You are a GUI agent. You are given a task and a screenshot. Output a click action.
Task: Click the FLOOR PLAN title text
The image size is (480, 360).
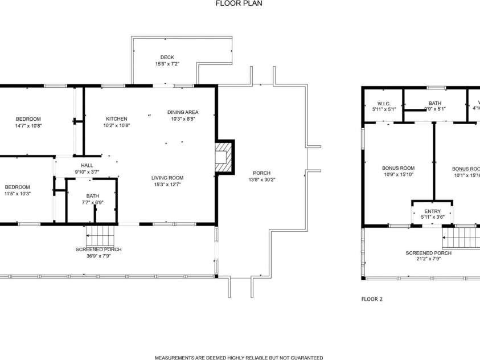tap(239, 3)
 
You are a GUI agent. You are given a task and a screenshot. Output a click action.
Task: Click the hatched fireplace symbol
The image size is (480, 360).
tap(224, 157)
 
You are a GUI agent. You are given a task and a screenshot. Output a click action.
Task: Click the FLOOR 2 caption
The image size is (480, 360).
tap(372, 298)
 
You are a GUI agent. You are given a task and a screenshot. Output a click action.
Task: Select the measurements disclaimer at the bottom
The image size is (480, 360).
tap(239, 358)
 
